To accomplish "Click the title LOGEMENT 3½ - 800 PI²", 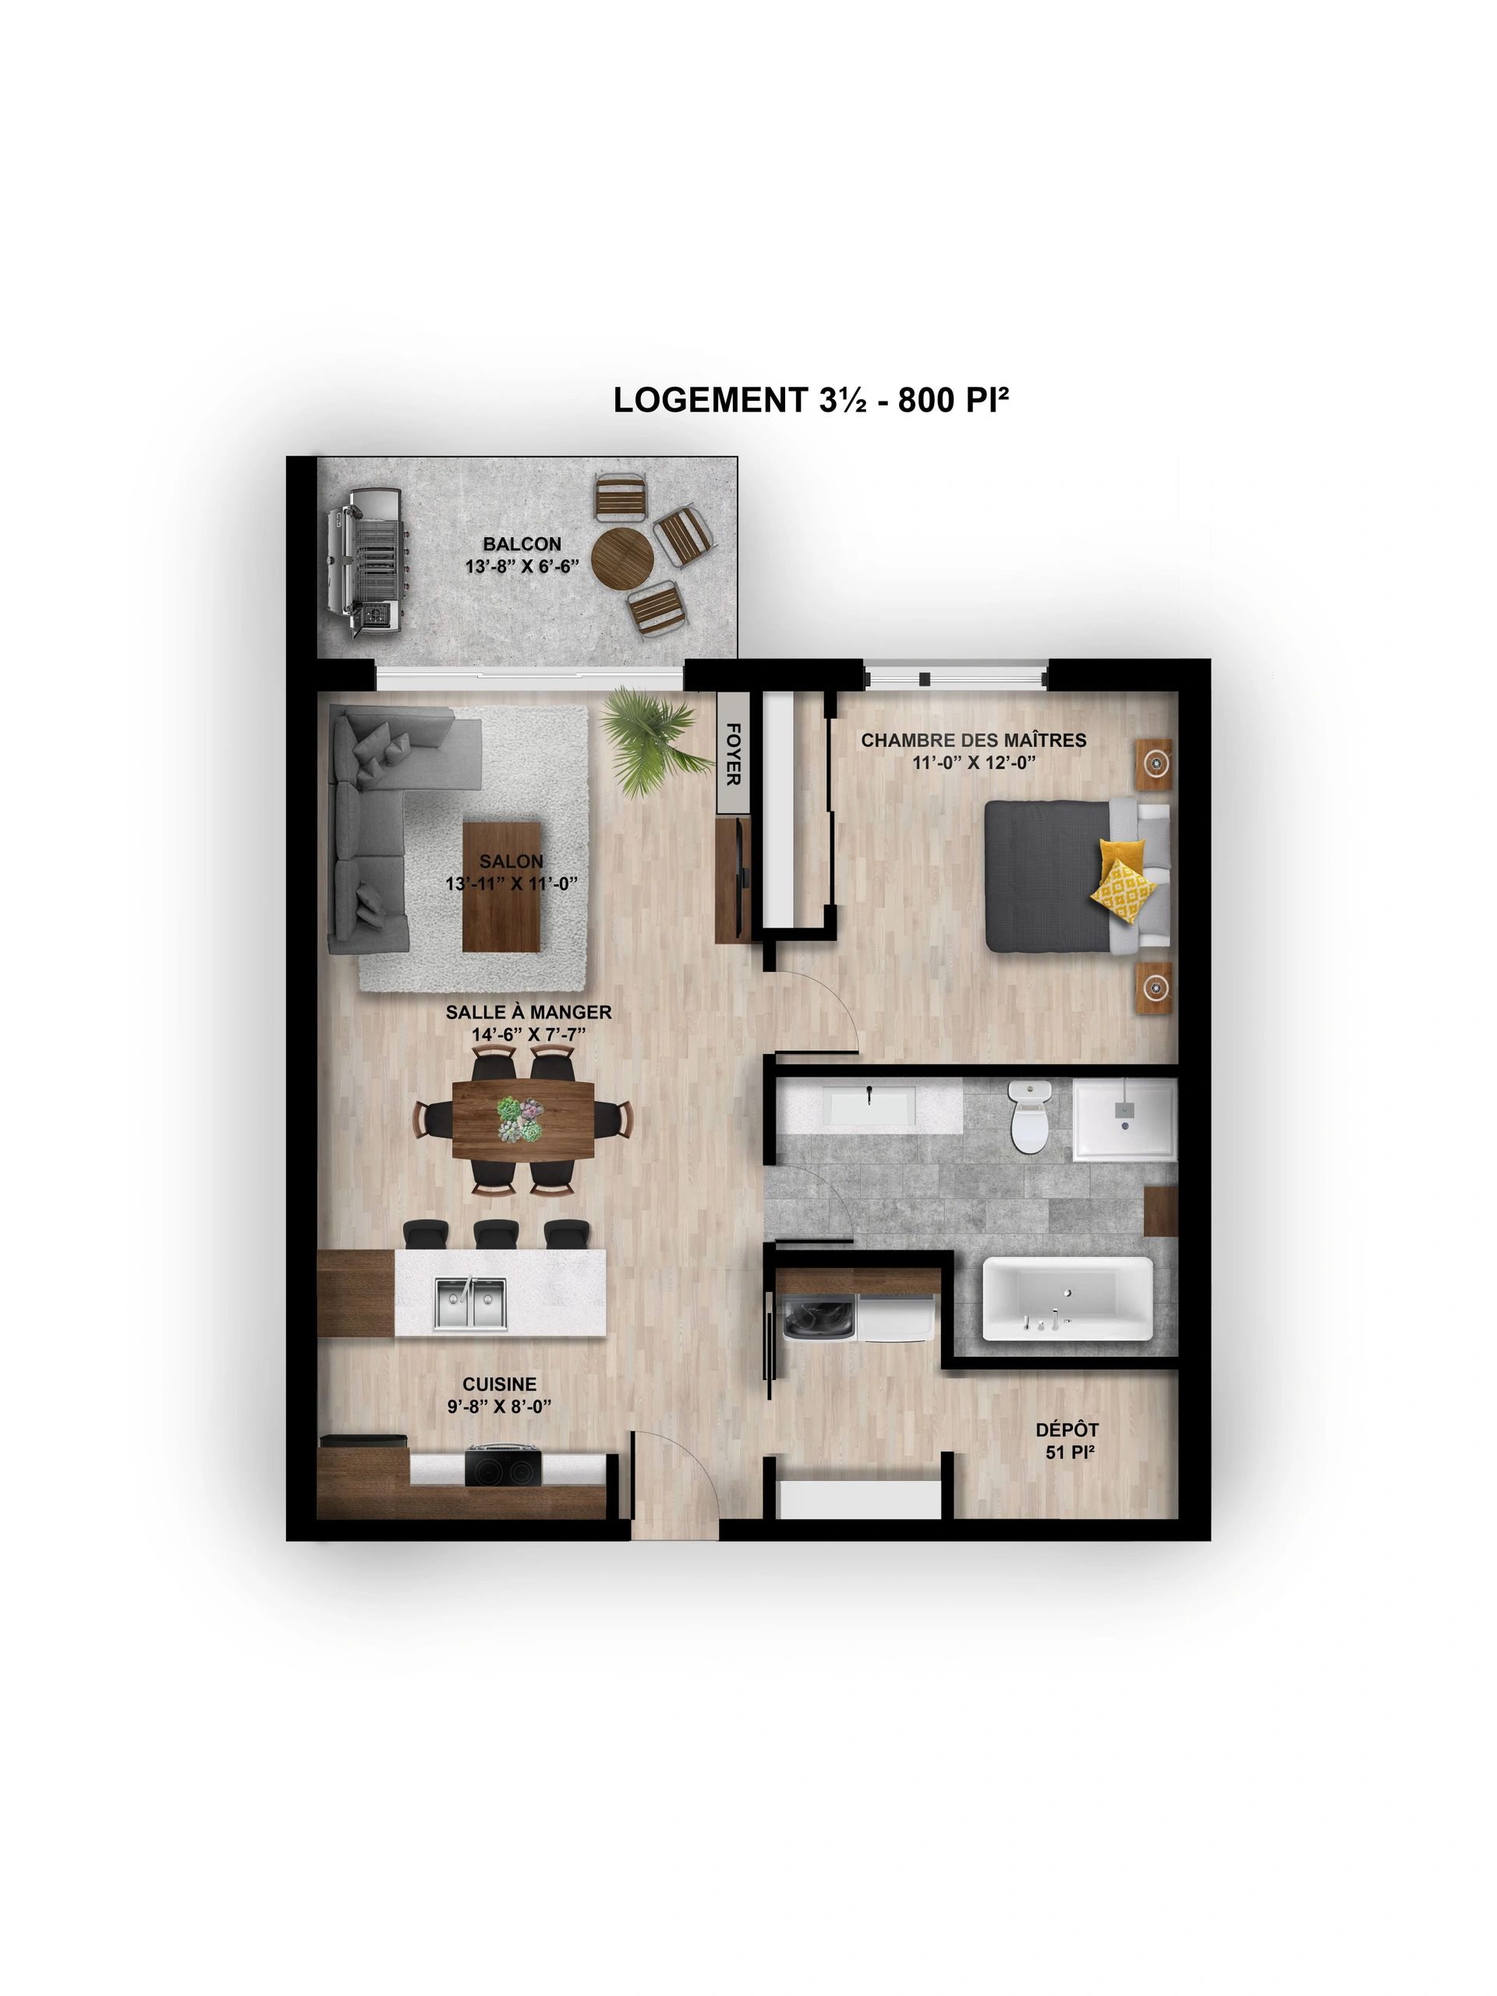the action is [809, 399].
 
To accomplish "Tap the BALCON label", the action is [522, 544].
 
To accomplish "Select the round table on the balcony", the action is [623, 560].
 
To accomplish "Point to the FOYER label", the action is [733, 752].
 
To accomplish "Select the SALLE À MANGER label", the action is [528, 1013].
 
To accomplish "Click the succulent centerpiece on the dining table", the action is [522, 1120].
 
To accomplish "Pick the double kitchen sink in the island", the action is [470, 1303].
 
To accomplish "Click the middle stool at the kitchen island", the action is [494, 1233].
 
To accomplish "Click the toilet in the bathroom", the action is [1030, 1117].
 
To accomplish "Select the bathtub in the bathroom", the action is [1067, 1298].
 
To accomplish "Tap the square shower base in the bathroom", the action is [1124, 1120].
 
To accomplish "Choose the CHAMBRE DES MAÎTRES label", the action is [973, 740].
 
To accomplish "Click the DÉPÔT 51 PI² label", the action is [1067, 1441].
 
